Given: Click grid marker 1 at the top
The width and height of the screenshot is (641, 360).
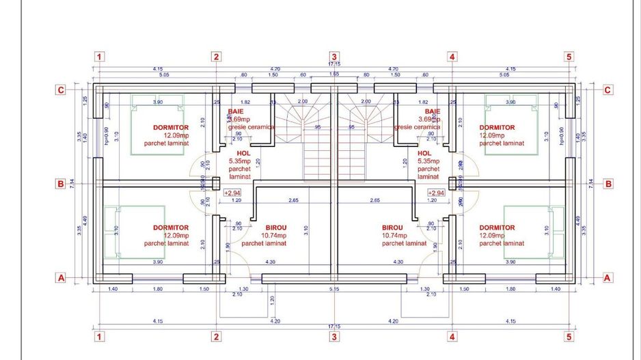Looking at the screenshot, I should coord(100,57).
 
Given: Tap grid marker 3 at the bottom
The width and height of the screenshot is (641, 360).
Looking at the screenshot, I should coord(334,337).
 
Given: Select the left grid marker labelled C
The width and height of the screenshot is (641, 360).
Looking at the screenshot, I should coord(61,89).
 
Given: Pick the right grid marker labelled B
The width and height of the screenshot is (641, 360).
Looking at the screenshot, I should coord(608,184).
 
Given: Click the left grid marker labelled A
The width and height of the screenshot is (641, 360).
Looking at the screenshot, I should coord(61,278).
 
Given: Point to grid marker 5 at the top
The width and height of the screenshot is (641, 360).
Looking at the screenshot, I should coord(569,57).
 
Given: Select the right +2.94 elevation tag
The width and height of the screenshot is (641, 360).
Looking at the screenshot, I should coord(435,193).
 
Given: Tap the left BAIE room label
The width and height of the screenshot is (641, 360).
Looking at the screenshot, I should coord(236,111).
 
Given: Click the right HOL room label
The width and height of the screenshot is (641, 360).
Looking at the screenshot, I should coord(424,154).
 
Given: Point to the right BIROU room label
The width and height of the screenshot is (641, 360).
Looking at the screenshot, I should coord(392,227).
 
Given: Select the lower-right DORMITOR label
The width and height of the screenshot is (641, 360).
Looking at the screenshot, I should coord(497,227).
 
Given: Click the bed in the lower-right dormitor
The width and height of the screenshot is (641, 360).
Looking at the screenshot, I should coord(534,232).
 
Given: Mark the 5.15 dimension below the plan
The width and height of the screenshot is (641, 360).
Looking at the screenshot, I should coord(334,290).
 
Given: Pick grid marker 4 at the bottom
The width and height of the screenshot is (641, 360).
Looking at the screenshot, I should coord(452,337).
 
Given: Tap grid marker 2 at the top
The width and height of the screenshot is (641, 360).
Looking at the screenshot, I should coord(216,57).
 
